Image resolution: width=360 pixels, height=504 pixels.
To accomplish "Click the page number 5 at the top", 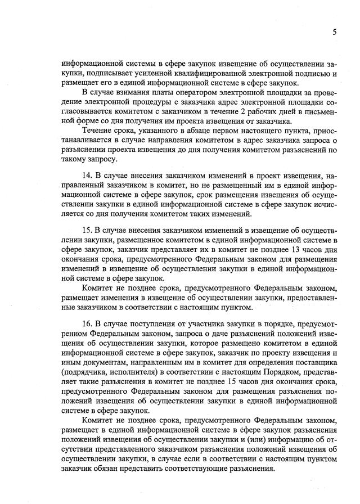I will tap(334, 32).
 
